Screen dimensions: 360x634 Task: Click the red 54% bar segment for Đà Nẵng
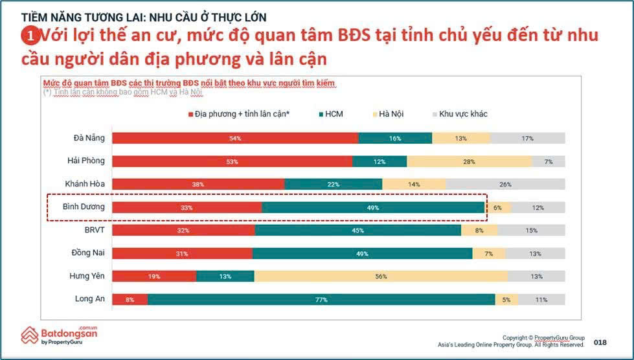(x=235, y=138)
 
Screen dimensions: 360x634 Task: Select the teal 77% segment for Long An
(x=321, y=299)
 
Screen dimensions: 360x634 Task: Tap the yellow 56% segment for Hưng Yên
(x=381, y=276)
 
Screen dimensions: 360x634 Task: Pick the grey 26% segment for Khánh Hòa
(x=505, y=184)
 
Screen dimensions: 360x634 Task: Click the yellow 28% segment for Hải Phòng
(x=469, y=161)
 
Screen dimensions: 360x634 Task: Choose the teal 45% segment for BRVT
(x=357, y=230)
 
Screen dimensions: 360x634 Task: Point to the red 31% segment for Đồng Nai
(x=182, y=253)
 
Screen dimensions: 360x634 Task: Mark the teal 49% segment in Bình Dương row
(x=373, y=207)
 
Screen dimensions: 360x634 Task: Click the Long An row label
(x=89, y=298)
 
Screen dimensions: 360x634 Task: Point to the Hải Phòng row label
(x=85, y=161)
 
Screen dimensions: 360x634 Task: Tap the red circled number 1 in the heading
(x=29, y=35)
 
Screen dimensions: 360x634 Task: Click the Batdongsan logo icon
(x=29, y=335)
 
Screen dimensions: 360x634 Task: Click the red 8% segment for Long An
(x=130, y=299)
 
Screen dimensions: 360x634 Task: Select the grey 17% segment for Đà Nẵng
(x=527, y=138)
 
